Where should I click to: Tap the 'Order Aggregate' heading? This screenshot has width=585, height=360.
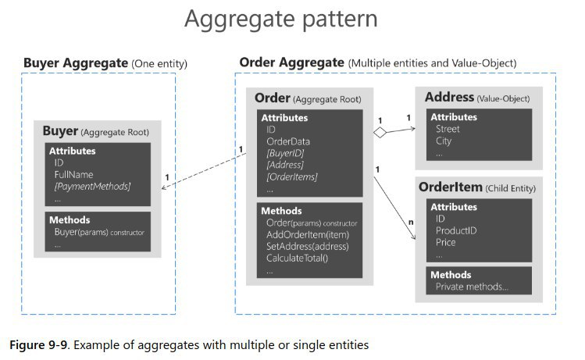291,62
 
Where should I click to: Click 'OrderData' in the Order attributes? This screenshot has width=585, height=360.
288,141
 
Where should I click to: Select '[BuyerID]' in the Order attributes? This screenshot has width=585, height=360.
286,153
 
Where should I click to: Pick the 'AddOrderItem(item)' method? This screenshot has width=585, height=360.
307,233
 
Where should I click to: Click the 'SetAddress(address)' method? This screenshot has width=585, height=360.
307,246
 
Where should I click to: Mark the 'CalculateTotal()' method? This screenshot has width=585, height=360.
298,258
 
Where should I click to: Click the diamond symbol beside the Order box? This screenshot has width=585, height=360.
380,133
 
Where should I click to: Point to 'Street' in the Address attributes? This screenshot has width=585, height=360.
448,129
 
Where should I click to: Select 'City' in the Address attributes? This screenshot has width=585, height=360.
444,141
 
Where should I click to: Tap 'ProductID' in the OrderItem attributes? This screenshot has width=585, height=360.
455,230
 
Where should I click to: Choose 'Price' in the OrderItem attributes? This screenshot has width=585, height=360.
446,242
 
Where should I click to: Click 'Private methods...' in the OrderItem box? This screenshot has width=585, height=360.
473,287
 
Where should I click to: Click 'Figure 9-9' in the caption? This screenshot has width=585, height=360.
37,343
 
